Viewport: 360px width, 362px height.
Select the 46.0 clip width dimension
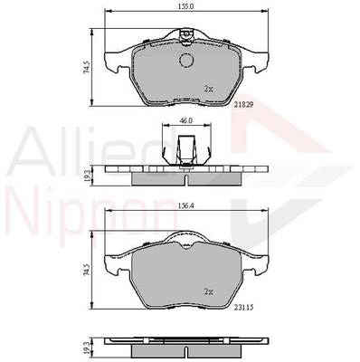(186, 120)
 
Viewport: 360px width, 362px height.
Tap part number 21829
(244, 104)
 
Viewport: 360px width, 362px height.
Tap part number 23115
(243, 307)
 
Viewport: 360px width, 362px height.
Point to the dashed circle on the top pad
(186, 60)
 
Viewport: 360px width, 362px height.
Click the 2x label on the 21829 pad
(208, 89)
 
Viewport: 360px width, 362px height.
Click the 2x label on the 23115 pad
(208, 291)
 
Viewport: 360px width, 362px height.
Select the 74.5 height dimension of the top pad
(87, 67)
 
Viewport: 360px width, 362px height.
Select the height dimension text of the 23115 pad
(87, 270)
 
